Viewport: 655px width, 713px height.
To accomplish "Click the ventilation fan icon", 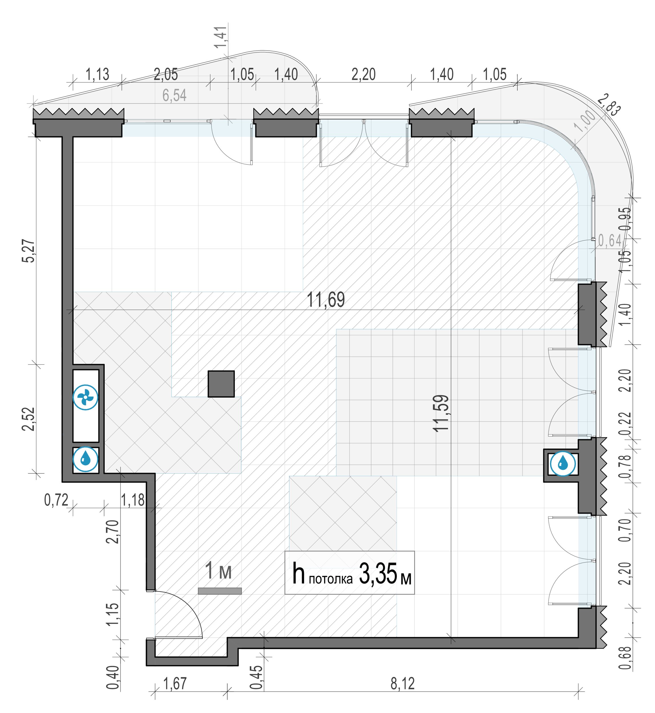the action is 85,397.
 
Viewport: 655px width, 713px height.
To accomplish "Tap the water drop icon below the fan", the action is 85,459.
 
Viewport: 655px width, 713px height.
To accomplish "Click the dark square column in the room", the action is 221,384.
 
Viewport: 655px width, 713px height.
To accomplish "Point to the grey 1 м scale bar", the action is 220,591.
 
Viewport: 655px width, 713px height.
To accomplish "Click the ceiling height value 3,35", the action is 378,574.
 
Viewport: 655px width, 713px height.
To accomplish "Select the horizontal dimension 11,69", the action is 326,300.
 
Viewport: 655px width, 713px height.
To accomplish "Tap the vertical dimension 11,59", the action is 441,413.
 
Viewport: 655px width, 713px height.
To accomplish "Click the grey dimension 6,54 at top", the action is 174,95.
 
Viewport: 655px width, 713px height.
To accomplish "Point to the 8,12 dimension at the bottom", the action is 403,684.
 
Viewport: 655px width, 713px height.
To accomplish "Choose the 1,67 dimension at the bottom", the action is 175,684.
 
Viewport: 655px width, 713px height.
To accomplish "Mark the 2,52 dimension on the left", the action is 29,419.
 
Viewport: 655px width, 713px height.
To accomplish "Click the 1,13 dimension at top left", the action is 98,74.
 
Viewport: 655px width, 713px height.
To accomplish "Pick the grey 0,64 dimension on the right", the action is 610,240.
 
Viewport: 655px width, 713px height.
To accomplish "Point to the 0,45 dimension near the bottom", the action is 257,677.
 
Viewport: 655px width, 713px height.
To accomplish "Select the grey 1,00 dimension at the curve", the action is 585,121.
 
